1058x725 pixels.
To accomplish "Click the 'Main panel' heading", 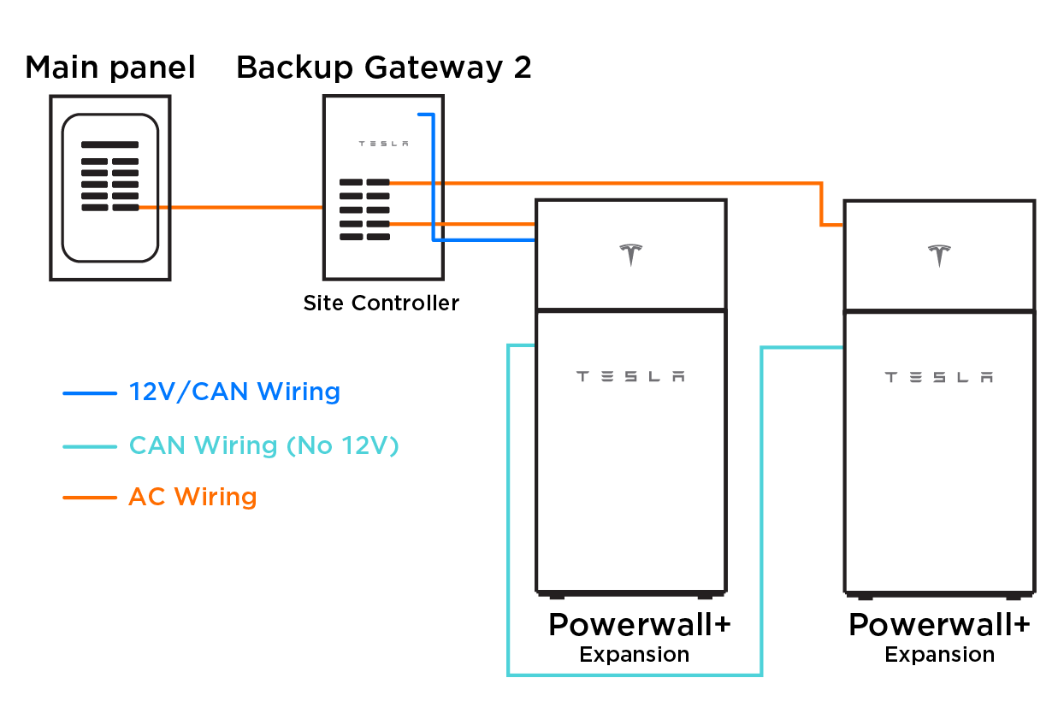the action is click(110, 68).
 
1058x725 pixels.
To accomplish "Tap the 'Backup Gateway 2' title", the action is click(384, 68).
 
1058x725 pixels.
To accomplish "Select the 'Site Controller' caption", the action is click(381, 303).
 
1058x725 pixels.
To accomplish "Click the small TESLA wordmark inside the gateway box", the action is click(383, 144).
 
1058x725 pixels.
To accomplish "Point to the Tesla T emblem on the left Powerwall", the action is click(631, 255).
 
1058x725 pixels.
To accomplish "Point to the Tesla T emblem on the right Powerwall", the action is click(939, 256).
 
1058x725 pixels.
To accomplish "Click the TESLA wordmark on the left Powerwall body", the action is click(630, 376).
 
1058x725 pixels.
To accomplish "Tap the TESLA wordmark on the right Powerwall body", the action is click(939, 377).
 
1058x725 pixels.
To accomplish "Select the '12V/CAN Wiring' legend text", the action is click(234, 392).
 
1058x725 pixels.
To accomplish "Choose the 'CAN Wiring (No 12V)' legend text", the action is click(264, 445).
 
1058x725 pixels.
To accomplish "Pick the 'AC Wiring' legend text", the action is click(192, 497).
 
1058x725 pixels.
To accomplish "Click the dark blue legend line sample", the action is click(90, 393).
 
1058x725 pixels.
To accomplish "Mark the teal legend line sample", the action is click(90, 446).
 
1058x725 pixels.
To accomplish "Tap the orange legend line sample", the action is click(90, 498).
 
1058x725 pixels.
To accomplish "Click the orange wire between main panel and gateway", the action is click(231, 207).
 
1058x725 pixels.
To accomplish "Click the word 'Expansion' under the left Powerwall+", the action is click(635, 655).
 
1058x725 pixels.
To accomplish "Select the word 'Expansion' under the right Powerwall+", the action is click(940, 655).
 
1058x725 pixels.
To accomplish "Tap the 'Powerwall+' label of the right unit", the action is click(939, 626).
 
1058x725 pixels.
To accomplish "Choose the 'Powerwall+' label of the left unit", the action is click(640, 626).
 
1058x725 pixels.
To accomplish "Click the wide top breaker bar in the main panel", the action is click(110, 144).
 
